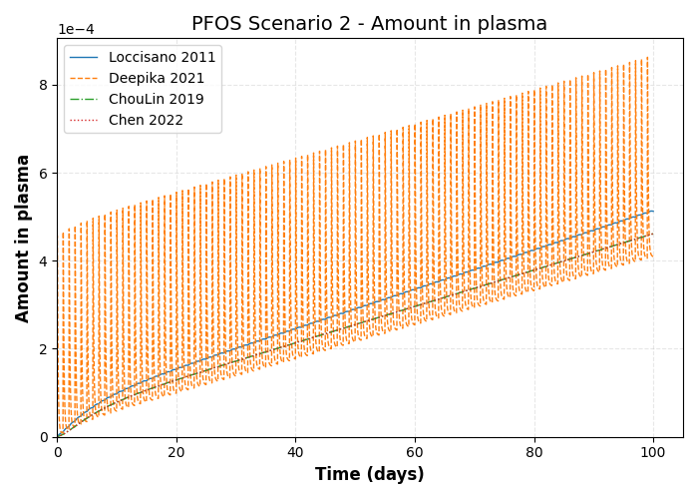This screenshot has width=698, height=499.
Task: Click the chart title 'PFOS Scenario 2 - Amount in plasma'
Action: click(x=369, y=24)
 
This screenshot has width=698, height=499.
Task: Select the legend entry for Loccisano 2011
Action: click(x=162, y=58)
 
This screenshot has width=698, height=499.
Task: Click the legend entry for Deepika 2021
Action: click(x=156, y=79)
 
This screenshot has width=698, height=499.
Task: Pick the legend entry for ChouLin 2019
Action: click(x=156, y=100)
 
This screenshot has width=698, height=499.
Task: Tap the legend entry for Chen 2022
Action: click(x=146, y=121)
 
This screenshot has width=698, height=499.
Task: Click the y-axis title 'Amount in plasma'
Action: click(x=24, y=238)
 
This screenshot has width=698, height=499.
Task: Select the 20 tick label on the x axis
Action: click(x=176, y=452)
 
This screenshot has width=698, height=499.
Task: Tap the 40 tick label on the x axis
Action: click(x=296, y=452)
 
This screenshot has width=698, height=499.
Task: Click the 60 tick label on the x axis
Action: click(x=415, y=452)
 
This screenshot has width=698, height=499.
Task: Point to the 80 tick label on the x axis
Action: click(x=534, y=452)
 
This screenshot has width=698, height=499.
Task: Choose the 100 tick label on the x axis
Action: click(x=653, y=452)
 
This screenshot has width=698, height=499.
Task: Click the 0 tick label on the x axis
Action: click(x=58, y=452)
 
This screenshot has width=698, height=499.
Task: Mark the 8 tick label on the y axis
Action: click(x=44, y=85)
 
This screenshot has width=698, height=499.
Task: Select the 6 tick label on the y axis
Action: click(x=44, y=173)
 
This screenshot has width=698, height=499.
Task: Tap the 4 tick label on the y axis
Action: click(x=44, y=261)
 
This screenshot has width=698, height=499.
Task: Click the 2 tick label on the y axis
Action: click(x=44, y=349)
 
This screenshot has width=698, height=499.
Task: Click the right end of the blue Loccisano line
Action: click(x=653, y=211)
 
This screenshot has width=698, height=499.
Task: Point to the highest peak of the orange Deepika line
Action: click(x=647, y=57)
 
